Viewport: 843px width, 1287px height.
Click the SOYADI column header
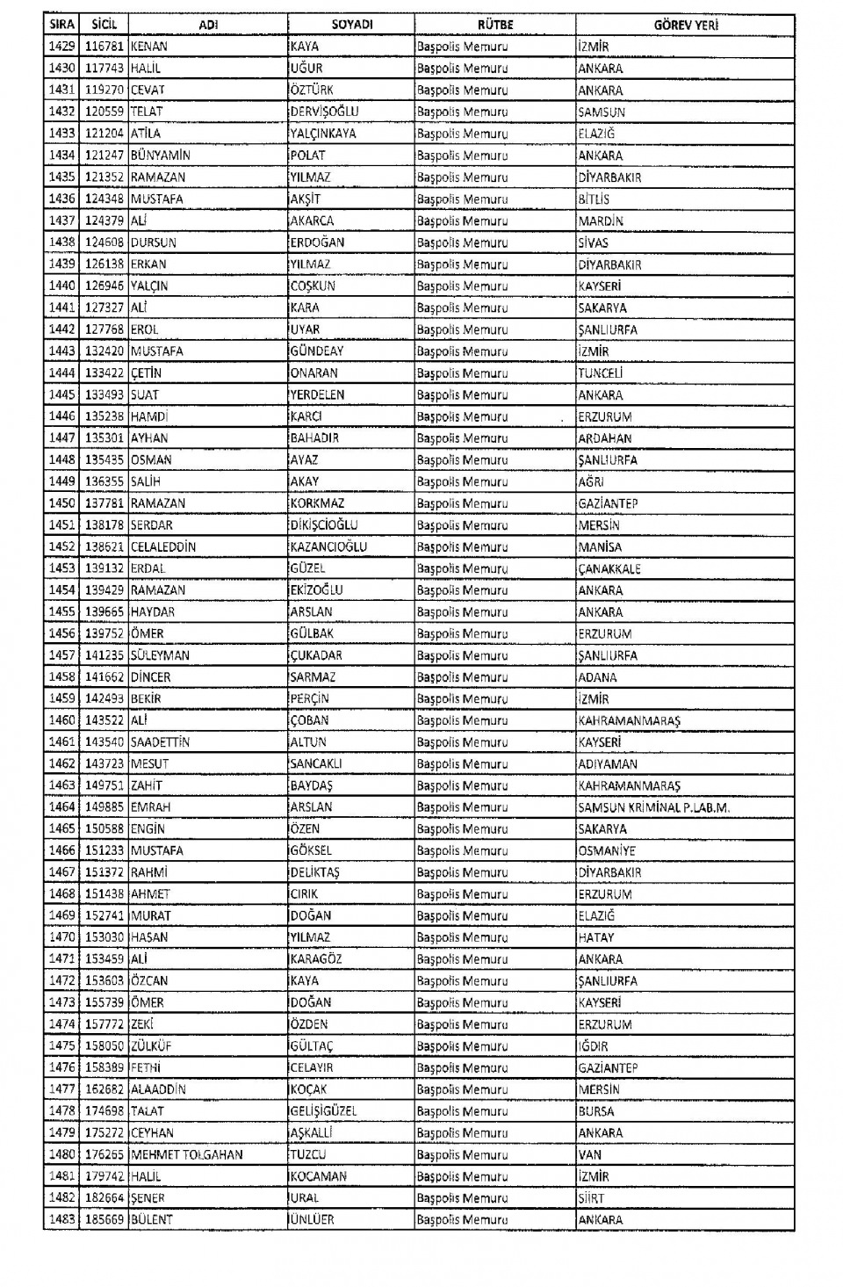pyautogui.click(x=352, y=25)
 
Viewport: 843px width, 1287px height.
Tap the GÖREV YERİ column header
pyautogui.click(x=685, y=25)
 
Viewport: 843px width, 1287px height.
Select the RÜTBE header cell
pyautogui.click(x=495, y=25)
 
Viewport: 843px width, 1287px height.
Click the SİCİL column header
pyautogui.click(x=104, y=25)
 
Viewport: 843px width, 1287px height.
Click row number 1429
pyautogui.click(x=62, y=47)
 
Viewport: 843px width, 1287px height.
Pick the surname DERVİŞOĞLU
pyautogui.click(x=324, y=112)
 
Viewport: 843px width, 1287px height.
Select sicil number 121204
pyautogui.click(x=104, y=134)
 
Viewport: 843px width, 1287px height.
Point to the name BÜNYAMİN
pyautogui.click(x=161, y=155)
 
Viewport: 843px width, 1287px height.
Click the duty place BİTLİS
pyautogui.click(x=594, y=199)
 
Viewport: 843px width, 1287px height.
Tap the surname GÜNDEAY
pyautogui.click(x=317, y=351)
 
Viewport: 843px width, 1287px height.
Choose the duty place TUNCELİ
pyautogui.click(x=601, y=373)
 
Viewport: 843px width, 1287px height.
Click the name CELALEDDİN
pyautogui.click(x=163, y=546)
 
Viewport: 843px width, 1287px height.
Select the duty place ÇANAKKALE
pyautogui.click(x=609, y=568)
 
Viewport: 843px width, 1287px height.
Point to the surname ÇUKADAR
pyautogui.click(x=316, y=655)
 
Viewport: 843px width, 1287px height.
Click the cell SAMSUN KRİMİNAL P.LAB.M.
pyautogui.click(x=654, y=807)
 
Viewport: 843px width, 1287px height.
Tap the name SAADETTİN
pyautogui.click(x=160, y=742)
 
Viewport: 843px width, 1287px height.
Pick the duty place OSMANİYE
pyautogui.click(x=607, y=850)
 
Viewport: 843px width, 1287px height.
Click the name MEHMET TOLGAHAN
pyautogui.click(x=186, y=1154)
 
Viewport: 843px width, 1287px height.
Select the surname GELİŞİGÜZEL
pyautogui.click(x=323, y=1111)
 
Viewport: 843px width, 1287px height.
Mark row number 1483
pyautogui.click(x=62, y=1219)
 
